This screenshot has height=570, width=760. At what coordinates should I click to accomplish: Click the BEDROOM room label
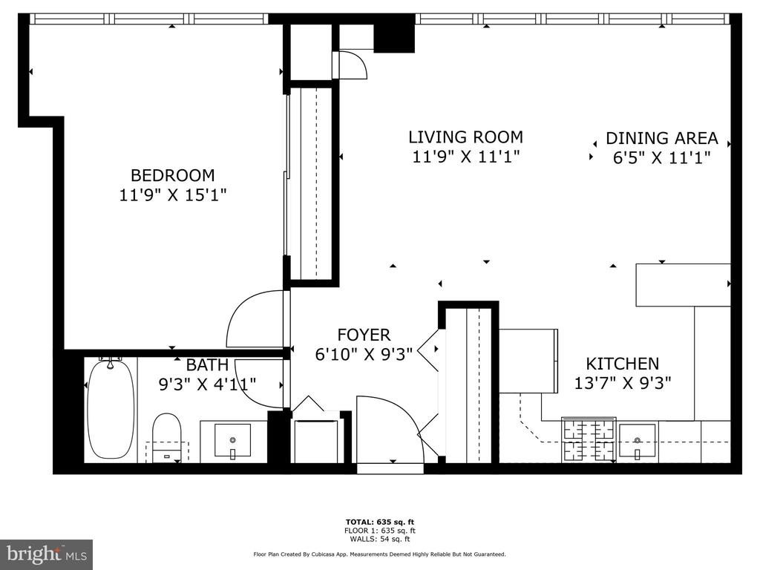pyautogui.click(x=172, y=175)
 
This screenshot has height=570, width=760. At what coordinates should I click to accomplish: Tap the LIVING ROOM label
pyautogui.click(x=466, y=137)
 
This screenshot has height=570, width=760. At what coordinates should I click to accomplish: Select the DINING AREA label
pyautogui.click(x=661, y=138)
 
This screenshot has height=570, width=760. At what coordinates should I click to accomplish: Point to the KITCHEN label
pyautogui.click(x=623, y=364)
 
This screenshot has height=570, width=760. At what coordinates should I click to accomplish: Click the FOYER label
pyautogui.click(x=364, y=335)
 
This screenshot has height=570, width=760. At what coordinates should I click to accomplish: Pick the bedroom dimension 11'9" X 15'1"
pyautogui.click(x=173, y=195)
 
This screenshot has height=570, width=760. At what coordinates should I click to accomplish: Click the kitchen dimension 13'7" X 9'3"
pyautogui.click(x=623, y=384)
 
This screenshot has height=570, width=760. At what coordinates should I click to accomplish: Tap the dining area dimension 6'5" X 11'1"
pyautogui.click(x=661, y=158)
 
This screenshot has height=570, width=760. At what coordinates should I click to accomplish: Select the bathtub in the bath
pyautogui.click(x=111, y=408)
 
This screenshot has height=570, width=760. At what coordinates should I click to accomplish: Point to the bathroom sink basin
pyautogui.click(x=232, y=440)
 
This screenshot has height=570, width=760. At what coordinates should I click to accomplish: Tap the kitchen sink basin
pyautogui.click(x=638, y=440)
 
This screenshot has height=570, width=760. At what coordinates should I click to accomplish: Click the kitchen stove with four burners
pyautogui.click(x=589, y=439)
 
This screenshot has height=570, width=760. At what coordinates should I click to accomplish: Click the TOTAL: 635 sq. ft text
pyautogui.click(x=380, y=522)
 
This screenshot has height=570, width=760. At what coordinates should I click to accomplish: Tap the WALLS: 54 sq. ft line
pyautogui.click(x=380, y=539)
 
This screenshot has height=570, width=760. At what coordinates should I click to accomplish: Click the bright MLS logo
pyautogui.click(x=47, y=554)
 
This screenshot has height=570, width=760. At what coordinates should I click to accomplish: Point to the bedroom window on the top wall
pyautogui.click(x=148, y=19)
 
